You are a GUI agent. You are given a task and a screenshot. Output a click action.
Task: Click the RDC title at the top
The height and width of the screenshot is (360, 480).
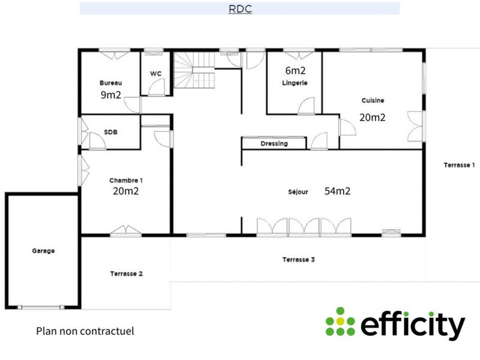click(x=239, y=8)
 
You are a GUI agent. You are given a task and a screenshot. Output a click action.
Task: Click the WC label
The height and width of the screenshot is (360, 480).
click(x=155, y=73)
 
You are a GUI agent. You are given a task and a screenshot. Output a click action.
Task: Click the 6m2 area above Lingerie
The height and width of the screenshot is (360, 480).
click(x=296, y=70)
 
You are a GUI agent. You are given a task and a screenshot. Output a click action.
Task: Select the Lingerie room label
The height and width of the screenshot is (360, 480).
click(x=295, y=83)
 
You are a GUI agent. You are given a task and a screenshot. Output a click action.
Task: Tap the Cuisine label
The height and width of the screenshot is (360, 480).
click(x=373, y=100)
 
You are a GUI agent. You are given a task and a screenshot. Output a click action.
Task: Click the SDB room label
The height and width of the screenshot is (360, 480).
click(x=110, y=132)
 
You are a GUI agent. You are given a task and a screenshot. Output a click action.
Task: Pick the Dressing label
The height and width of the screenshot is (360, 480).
click(x=274, y=144)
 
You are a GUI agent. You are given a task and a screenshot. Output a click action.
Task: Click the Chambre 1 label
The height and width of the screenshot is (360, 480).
click(x=125, y=180)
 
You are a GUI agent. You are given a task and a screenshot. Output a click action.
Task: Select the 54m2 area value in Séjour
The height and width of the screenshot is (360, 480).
click(x=337, y=191)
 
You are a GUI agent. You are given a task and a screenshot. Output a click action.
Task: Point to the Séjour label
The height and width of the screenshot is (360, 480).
click(x=298, y=193)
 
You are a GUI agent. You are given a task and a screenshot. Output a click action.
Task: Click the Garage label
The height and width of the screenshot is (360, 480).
click(x=43, y=251)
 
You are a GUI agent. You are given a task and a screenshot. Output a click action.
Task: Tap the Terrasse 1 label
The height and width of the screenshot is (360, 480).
click(x=459, y=164)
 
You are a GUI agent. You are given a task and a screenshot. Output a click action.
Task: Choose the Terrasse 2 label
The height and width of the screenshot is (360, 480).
click(x=126, y=274)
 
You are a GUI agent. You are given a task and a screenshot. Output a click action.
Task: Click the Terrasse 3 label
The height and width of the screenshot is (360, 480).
click(x=298, y=260)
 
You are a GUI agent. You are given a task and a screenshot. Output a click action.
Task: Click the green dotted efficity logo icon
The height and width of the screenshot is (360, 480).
click(x=340, y=322)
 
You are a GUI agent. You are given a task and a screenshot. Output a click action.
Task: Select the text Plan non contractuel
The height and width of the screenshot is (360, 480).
click(x=85, y=331)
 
